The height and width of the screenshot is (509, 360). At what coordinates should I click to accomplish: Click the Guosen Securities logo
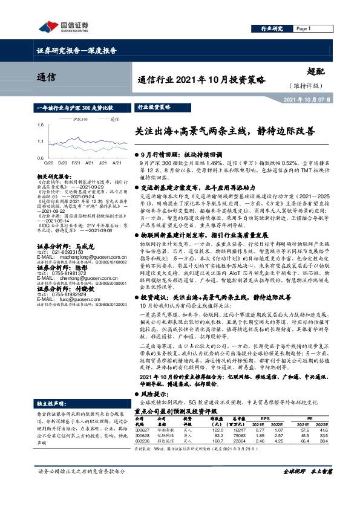point(63,25)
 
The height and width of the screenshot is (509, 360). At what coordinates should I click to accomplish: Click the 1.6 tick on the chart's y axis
point(40,125)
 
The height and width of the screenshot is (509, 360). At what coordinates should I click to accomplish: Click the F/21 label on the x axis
point(75,163)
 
